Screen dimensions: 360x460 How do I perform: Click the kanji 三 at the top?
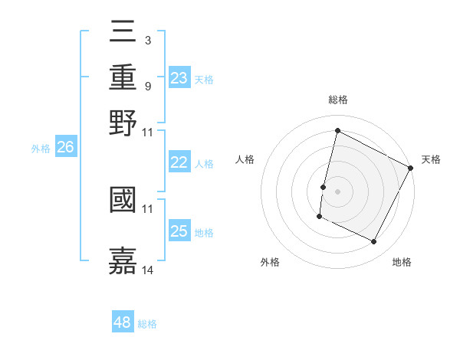click(123, 33)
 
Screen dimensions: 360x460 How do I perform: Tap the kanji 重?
click(123, 77)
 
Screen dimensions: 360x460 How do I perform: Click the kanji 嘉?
click(123, 259)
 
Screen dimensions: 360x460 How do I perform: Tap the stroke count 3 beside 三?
click(147, 40)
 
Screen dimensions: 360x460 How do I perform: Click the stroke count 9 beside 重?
click(147, 85)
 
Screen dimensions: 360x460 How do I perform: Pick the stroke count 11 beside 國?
click(148, 208)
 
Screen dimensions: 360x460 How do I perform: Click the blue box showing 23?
click(179, 78)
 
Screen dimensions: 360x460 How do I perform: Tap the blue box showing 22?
click(179, 162)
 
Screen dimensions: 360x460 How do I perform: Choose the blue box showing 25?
click(179, 231)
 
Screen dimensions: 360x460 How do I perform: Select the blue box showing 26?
click(65, 148)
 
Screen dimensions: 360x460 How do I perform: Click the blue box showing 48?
click(122, 322)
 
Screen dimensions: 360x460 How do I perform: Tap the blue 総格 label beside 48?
click(147, 324)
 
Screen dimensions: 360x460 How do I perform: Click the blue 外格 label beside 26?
click(41, 149)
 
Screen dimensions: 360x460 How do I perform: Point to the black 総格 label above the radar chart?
click(337, 100)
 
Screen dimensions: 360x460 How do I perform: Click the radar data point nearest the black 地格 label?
click(373, 242)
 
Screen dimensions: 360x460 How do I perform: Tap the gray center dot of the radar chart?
click(337, 191)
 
